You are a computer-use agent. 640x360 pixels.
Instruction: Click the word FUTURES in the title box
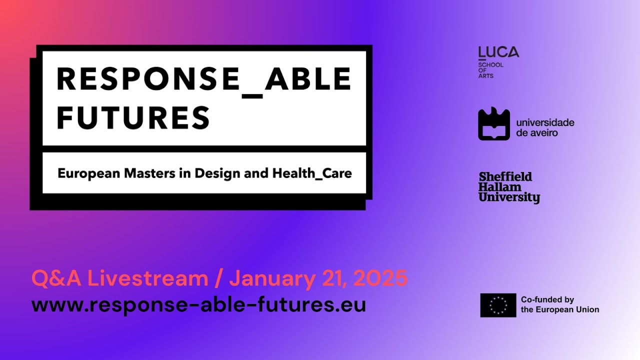point(133,117)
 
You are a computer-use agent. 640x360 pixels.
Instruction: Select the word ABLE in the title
point(308,79)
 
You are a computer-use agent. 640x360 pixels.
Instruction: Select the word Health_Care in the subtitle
point(312,174)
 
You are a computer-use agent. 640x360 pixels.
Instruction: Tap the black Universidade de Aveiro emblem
point(494,124)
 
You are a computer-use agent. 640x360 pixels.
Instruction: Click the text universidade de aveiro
point(545,127)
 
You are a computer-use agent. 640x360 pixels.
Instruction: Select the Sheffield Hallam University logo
point(509,187)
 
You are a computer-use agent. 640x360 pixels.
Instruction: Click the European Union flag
point(498,305)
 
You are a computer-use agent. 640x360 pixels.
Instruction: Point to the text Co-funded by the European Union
point(559,304)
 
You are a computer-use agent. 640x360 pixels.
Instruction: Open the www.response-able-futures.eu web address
point(198,304)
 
